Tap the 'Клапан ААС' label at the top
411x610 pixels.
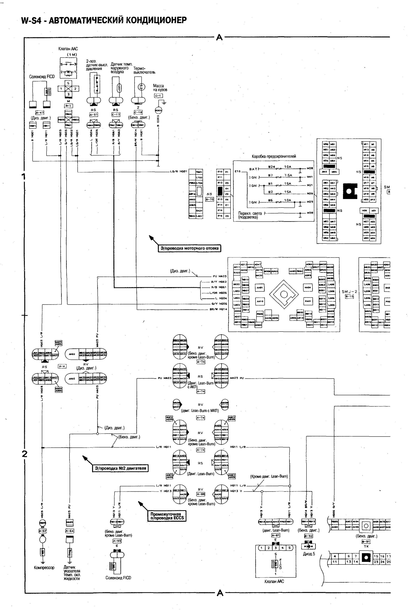point(68,49)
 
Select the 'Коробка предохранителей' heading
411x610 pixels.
point(274,156)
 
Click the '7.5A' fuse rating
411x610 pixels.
point(288,175)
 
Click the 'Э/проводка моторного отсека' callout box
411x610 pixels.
point(189,248)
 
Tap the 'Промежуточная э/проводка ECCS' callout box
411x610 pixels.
point(167,516)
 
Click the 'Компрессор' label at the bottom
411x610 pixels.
point(44,568)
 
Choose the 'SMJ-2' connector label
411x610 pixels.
point(349,292)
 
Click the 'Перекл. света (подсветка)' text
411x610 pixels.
point(250,215)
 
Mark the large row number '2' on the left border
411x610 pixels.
point(24,454)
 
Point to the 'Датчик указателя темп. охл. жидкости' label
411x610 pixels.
point(72,573)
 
